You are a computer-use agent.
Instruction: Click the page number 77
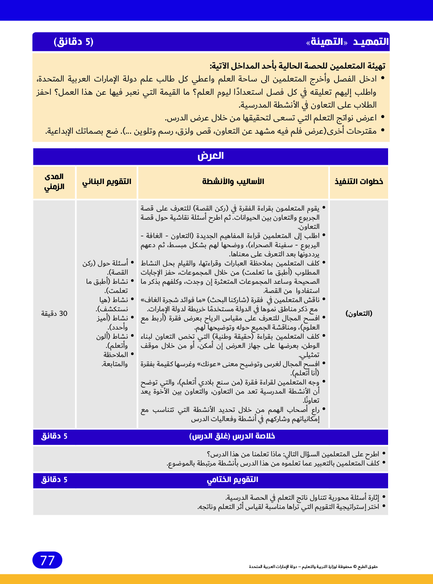pos(47,560)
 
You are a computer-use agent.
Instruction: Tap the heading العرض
pos(210,156)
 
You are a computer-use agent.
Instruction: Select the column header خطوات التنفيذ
pos(358,182)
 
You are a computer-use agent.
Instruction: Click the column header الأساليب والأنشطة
pos(233,182)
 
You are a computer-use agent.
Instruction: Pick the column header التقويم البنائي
pos(107,182)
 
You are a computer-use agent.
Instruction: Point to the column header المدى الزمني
pos(54,182)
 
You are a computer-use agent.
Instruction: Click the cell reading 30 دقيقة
pos(54,314)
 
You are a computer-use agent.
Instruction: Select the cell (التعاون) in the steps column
pos(358,314)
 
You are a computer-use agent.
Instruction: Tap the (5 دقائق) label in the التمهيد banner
pos(73,42)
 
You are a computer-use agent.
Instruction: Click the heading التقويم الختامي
pos(232,480)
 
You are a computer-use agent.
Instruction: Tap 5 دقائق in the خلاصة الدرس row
pos(54,437)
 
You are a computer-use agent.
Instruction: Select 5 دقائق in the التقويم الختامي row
pos(54,480)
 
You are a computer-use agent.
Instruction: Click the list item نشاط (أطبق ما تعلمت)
pos(108,286)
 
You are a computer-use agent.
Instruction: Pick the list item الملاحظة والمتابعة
pos(115,359)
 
